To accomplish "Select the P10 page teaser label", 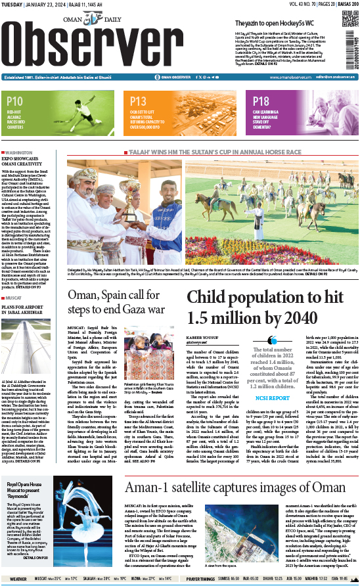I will coord(15,101).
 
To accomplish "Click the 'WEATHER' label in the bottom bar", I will coord(18,579).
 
